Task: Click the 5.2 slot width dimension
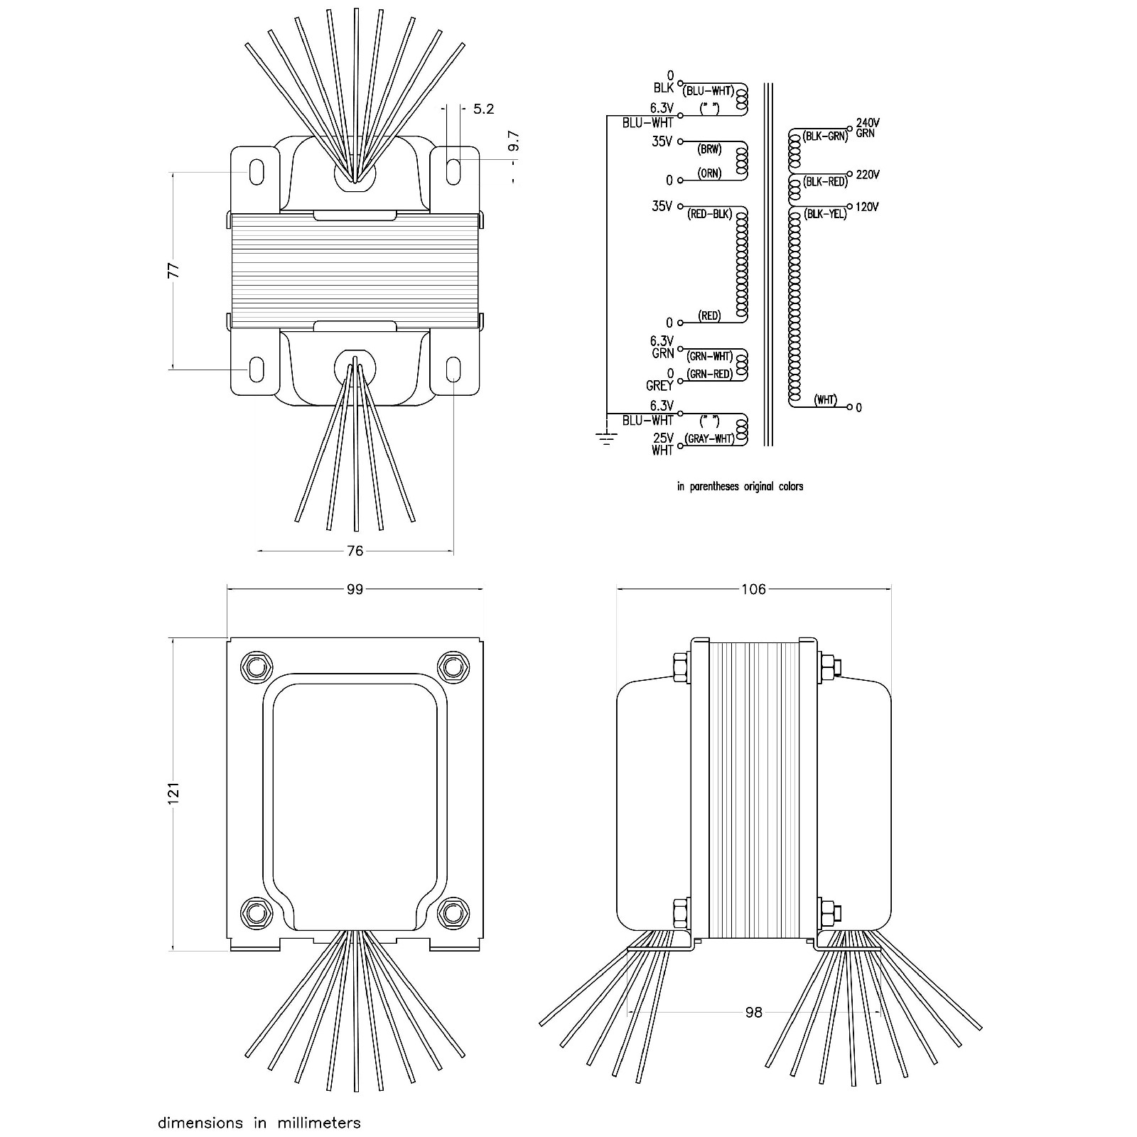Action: tap(483, 109)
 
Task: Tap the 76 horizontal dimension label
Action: tap(355, 551)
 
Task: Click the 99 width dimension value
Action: tap(355, 589)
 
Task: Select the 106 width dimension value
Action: tap(753, 589)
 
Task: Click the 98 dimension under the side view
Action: tap(753, 1012)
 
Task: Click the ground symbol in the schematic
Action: tap(605, 438)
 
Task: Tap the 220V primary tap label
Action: tap(868, 175)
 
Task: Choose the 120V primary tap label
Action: tap(867, 208)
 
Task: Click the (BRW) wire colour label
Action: tap(709, 150)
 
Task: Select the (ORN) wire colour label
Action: tap(709, 173)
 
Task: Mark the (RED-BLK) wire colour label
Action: tap(709, 215)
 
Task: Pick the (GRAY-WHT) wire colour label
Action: tap(709, 439)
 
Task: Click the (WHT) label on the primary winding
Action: tap(825, 400)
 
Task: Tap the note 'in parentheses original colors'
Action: tap(740, 487)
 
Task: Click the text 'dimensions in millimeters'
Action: tap(259, 1104)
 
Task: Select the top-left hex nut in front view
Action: tap(257, 666)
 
